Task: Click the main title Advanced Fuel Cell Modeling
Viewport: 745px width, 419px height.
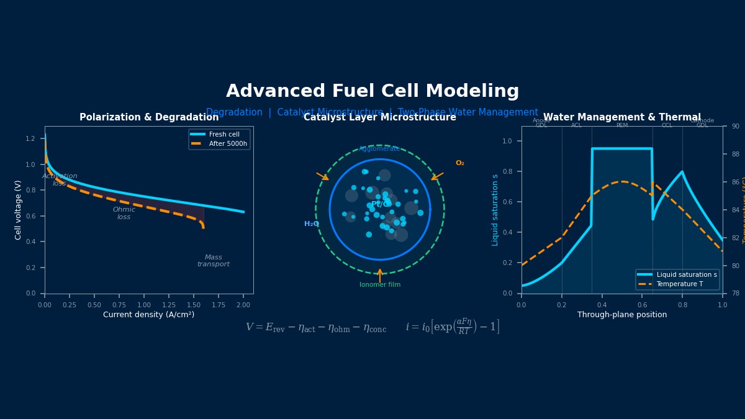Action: [372, 91]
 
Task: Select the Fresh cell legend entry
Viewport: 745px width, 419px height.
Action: [223, 135]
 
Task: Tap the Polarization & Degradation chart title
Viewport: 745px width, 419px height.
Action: [149, 117]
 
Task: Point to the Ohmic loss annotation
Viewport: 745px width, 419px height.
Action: [124, 214]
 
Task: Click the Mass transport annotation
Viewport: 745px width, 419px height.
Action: [214, 261]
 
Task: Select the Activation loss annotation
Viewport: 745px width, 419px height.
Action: [60, 180]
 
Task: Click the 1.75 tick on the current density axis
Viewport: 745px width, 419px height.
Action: [219, 305]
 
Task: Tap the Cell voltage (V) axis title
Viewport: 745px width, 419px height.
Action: [19, 210]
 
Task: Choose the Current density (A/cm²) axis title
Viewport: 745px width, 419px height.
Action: [149, 315]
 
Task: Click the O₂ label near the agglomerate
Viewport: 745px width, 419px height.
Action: [460, 163]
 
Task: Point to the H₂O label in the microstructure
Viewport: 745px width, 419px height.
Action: [312, 224]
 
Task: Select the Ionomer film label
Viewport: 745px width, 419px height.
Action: [380, 285]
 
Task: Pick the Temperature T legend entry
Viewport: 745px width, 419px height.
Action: [679, 284]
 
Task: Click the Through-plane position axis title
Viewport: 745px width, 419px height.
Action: [622, 315]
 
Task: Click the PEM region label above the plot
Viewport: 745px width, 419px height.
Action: [622, 125]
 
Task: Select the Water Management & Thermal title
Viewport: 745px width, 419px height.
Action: [622, 117]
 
